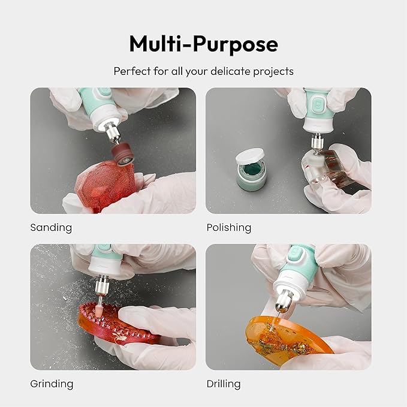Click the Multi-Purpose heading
point(204,44)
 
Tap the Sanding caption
point(51,228)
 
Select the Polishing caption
point(229,228)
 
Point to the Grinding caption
point(52,384)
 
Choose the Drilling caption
point(224,384)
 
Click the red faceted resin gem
point(105,186)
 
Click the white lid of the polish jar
point(250,157)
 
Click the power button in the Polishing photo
point(318,104)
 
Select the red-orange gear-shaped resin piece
point(117,324)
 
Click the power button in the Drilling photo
point(295,252)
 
